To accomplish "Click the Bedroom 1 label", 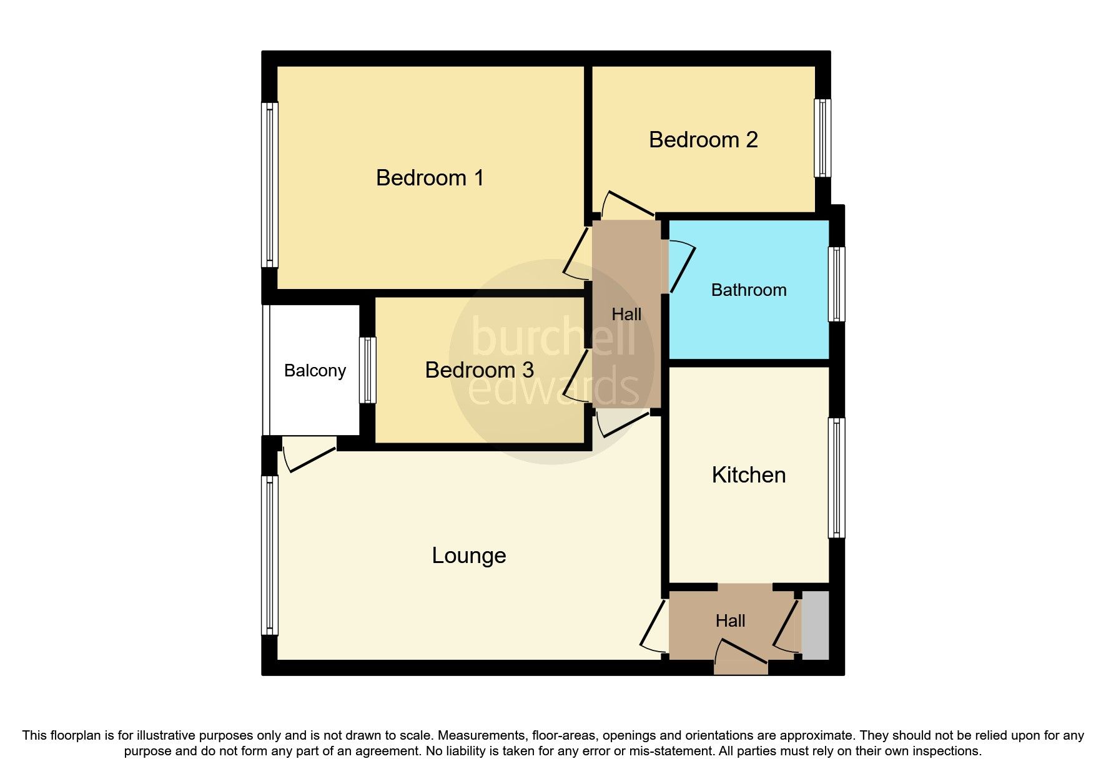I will (430, 178).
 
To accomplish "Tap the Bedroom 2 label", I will (703, 140).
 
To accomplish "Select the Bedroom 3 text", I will (479, 370).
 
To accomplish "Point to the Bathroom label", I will (749, 290).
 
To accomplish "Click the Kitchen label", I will (748, 475).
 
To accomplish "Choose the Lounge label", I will (469, 556).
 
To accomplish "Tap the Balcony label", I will (315, 371).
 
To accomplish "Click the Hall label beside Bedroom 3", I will (626, 315).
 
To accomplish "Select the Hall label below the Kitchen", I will (730, 621).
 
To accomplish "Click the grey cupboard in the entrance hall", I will (815, 625).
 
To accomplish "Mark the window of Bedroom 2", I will (822, 138).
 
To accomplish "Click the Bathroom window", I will (836, 285).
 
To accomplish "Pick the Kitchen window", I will (836, 478).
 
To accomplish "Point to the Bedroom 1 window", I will (270, 185).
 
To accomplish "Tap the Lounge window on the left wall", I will (270, 556).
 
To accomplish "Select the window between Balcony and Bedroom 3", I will (368, 370).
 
